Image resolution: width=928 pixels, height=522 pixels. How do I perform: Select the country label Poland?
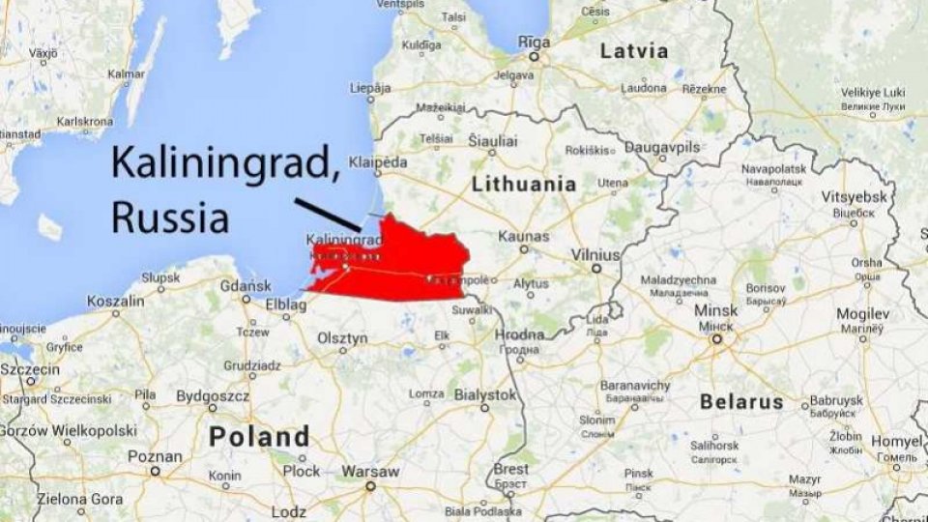[259, 436]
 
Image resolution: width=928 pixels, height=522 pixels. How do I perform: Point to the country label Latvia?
[633, 51]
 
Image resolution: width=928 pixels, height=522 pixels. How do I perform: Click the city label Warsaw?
[370, 472]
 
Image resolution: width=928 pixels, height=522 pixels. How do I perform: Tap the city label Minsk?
[715, 311]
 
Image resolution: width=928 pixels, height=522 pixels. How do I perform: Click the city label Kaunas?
[523, 236]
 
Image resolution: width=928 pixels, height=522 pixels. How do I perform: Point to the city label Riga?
[534, 43]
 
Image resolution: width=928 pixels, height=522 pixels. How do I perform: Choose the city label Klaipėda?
[379, 162]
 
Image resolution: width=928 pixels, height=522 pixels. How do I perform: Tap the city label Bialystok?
[484, 394]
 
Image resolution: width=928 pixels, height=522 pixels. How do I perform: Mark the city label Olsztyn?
[343, 338]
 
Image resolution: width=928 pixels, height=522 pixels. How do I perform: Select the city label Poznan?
[155, 456]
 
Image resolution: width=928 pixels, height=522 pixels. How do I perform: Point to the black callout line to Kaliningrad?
[327, 215]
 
